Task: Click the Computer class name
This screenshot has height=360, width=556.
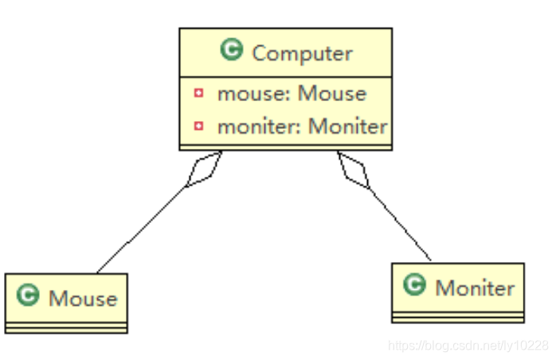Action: point(301,54)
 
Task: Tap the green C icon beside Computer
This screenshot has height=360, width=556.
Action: point(232,53)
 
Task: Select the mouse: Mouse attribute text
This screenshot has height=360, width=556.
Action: point(292,93)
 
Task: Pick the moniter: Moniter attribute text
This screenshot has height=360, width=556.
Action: point(302,126)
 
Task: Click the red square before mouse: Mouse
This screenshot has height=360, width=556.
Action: point(198,93)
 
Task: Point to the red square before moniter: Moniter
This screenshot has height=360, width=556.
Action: point(198,126)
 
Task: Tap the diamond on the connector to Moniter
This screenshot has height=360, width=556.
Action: point(354,170)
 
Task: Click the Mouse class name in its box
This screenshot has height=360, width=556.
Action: point(83,299)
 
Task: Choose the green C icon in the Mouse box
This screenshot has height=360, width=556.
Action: point(29,297)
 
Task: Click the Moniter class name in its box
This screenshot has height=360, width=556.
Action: point(475,288)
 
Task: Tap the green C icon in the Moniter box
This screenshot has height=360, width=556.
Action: point(414,285)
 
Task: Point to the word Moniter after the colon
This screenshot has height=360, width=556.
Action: point(348,126)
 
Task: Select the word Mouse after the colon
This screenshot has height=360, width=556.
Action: point(332,93)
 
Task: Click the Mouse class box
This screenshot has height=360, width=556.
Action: point(66,303)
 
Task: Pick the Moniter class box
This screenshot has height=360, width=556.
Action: point(458,292)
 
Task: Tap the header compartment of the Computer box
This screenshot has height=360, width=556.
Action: point(285,53)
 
